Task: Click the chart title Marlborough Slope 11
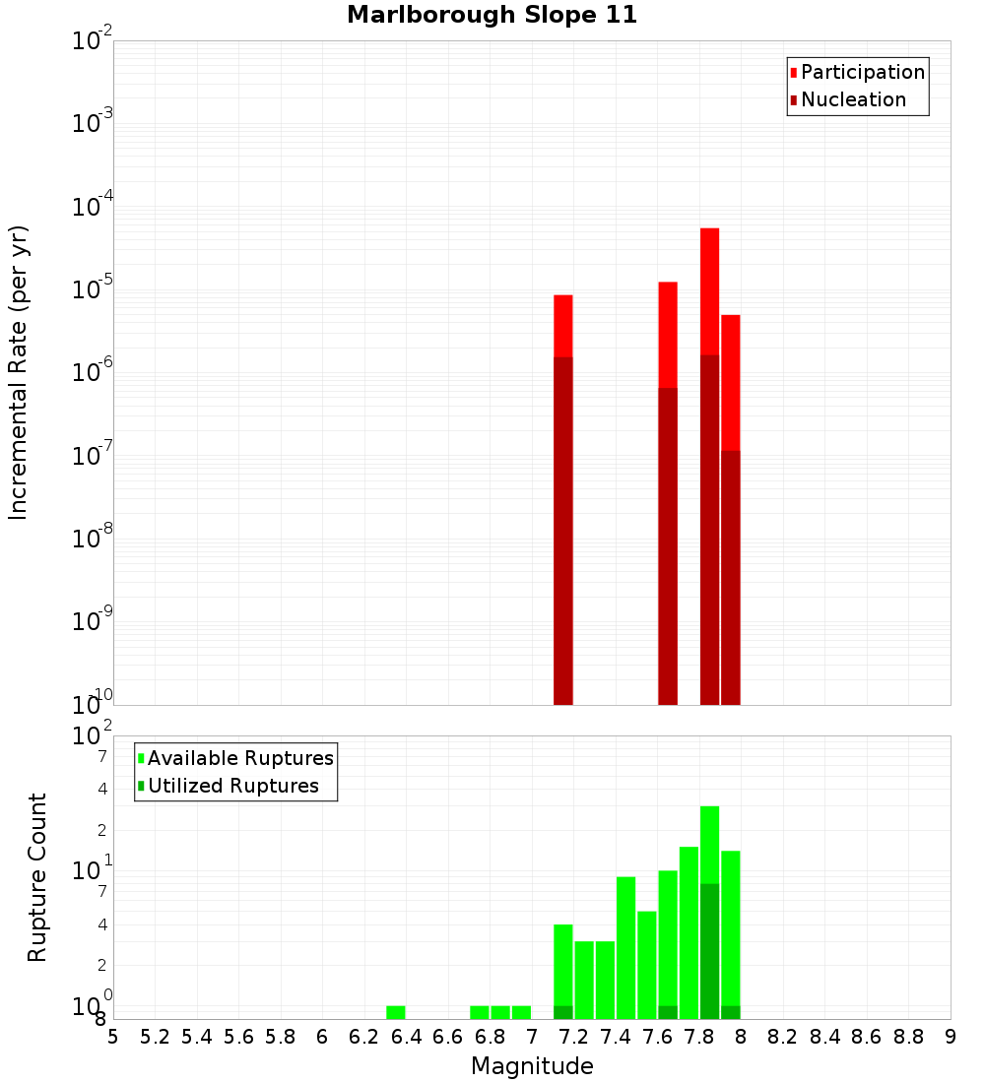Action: (492, 15)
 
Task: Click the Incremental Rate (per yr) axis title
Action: (19, 373)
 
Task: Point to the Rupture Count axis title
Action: (37, 877)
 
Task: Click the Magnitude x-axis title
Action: (532, 1066)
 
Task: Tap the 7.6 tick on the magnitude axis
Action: (657, 1037)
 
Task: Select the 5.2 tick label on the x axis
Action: (155, 1037)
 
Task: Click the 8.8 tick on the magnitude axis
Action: (908, 1037)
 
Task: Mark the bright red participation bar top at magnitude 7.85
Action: (709, 230)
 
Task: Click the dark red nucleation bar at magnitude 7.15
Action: (563, 532)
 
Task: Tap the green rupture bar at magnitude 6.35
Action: (396, 1012)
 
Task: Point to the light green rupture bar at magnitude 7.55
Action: (647, 965)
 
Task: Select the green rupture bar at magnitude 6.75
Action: (480, 1012)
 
